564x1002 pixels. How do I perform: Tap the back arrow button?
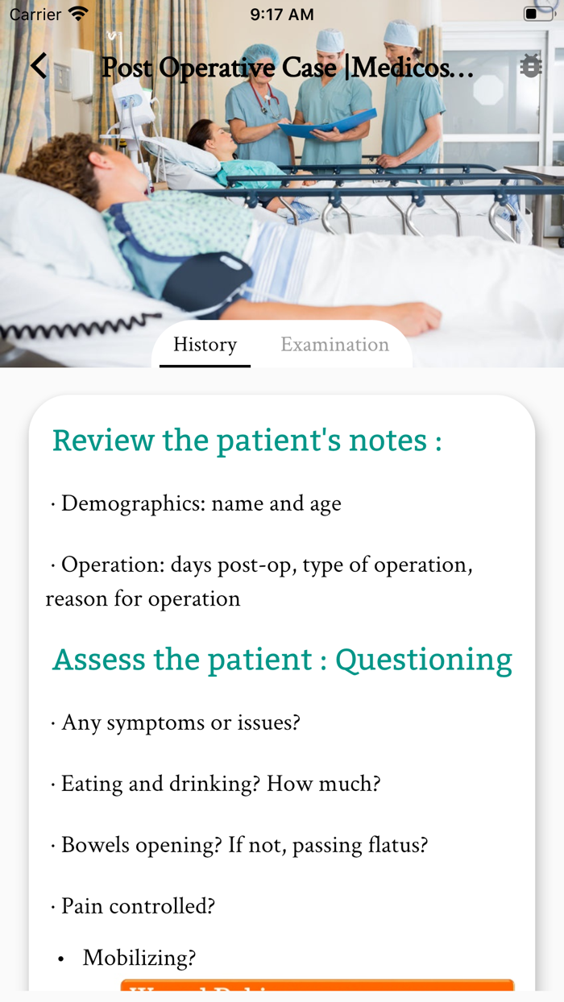39,66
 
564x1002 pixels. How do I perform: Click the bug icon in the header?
531,66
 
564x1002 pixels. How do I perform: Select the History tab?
205,345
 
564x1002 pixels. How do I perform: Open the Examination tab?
334,345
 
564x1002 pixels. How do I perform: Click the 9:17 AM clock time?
282,14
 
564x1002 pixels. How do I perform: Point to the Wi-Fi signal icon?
78,14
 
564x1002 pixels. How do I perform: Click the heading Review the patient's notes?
247,441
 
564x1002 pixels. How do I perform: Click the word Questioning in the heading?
423,660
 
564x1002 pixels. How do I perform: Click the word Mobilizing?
139,958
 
